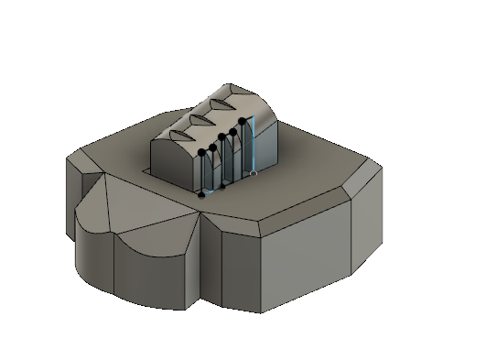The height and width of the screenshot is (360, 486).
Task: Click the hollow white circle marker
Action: pyautogui.click(x=254, y=172)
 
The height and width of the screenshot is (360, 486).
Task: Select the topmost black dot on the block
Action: pyautogui.click(x=242, y=120)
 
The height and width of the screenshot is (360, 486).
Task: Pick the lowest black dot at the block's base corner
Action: pyautogui.click(x=201, y=194)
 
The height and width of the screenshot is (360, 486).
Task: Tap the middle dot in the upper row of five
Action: pyautogui.click(x=222, y=140)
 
